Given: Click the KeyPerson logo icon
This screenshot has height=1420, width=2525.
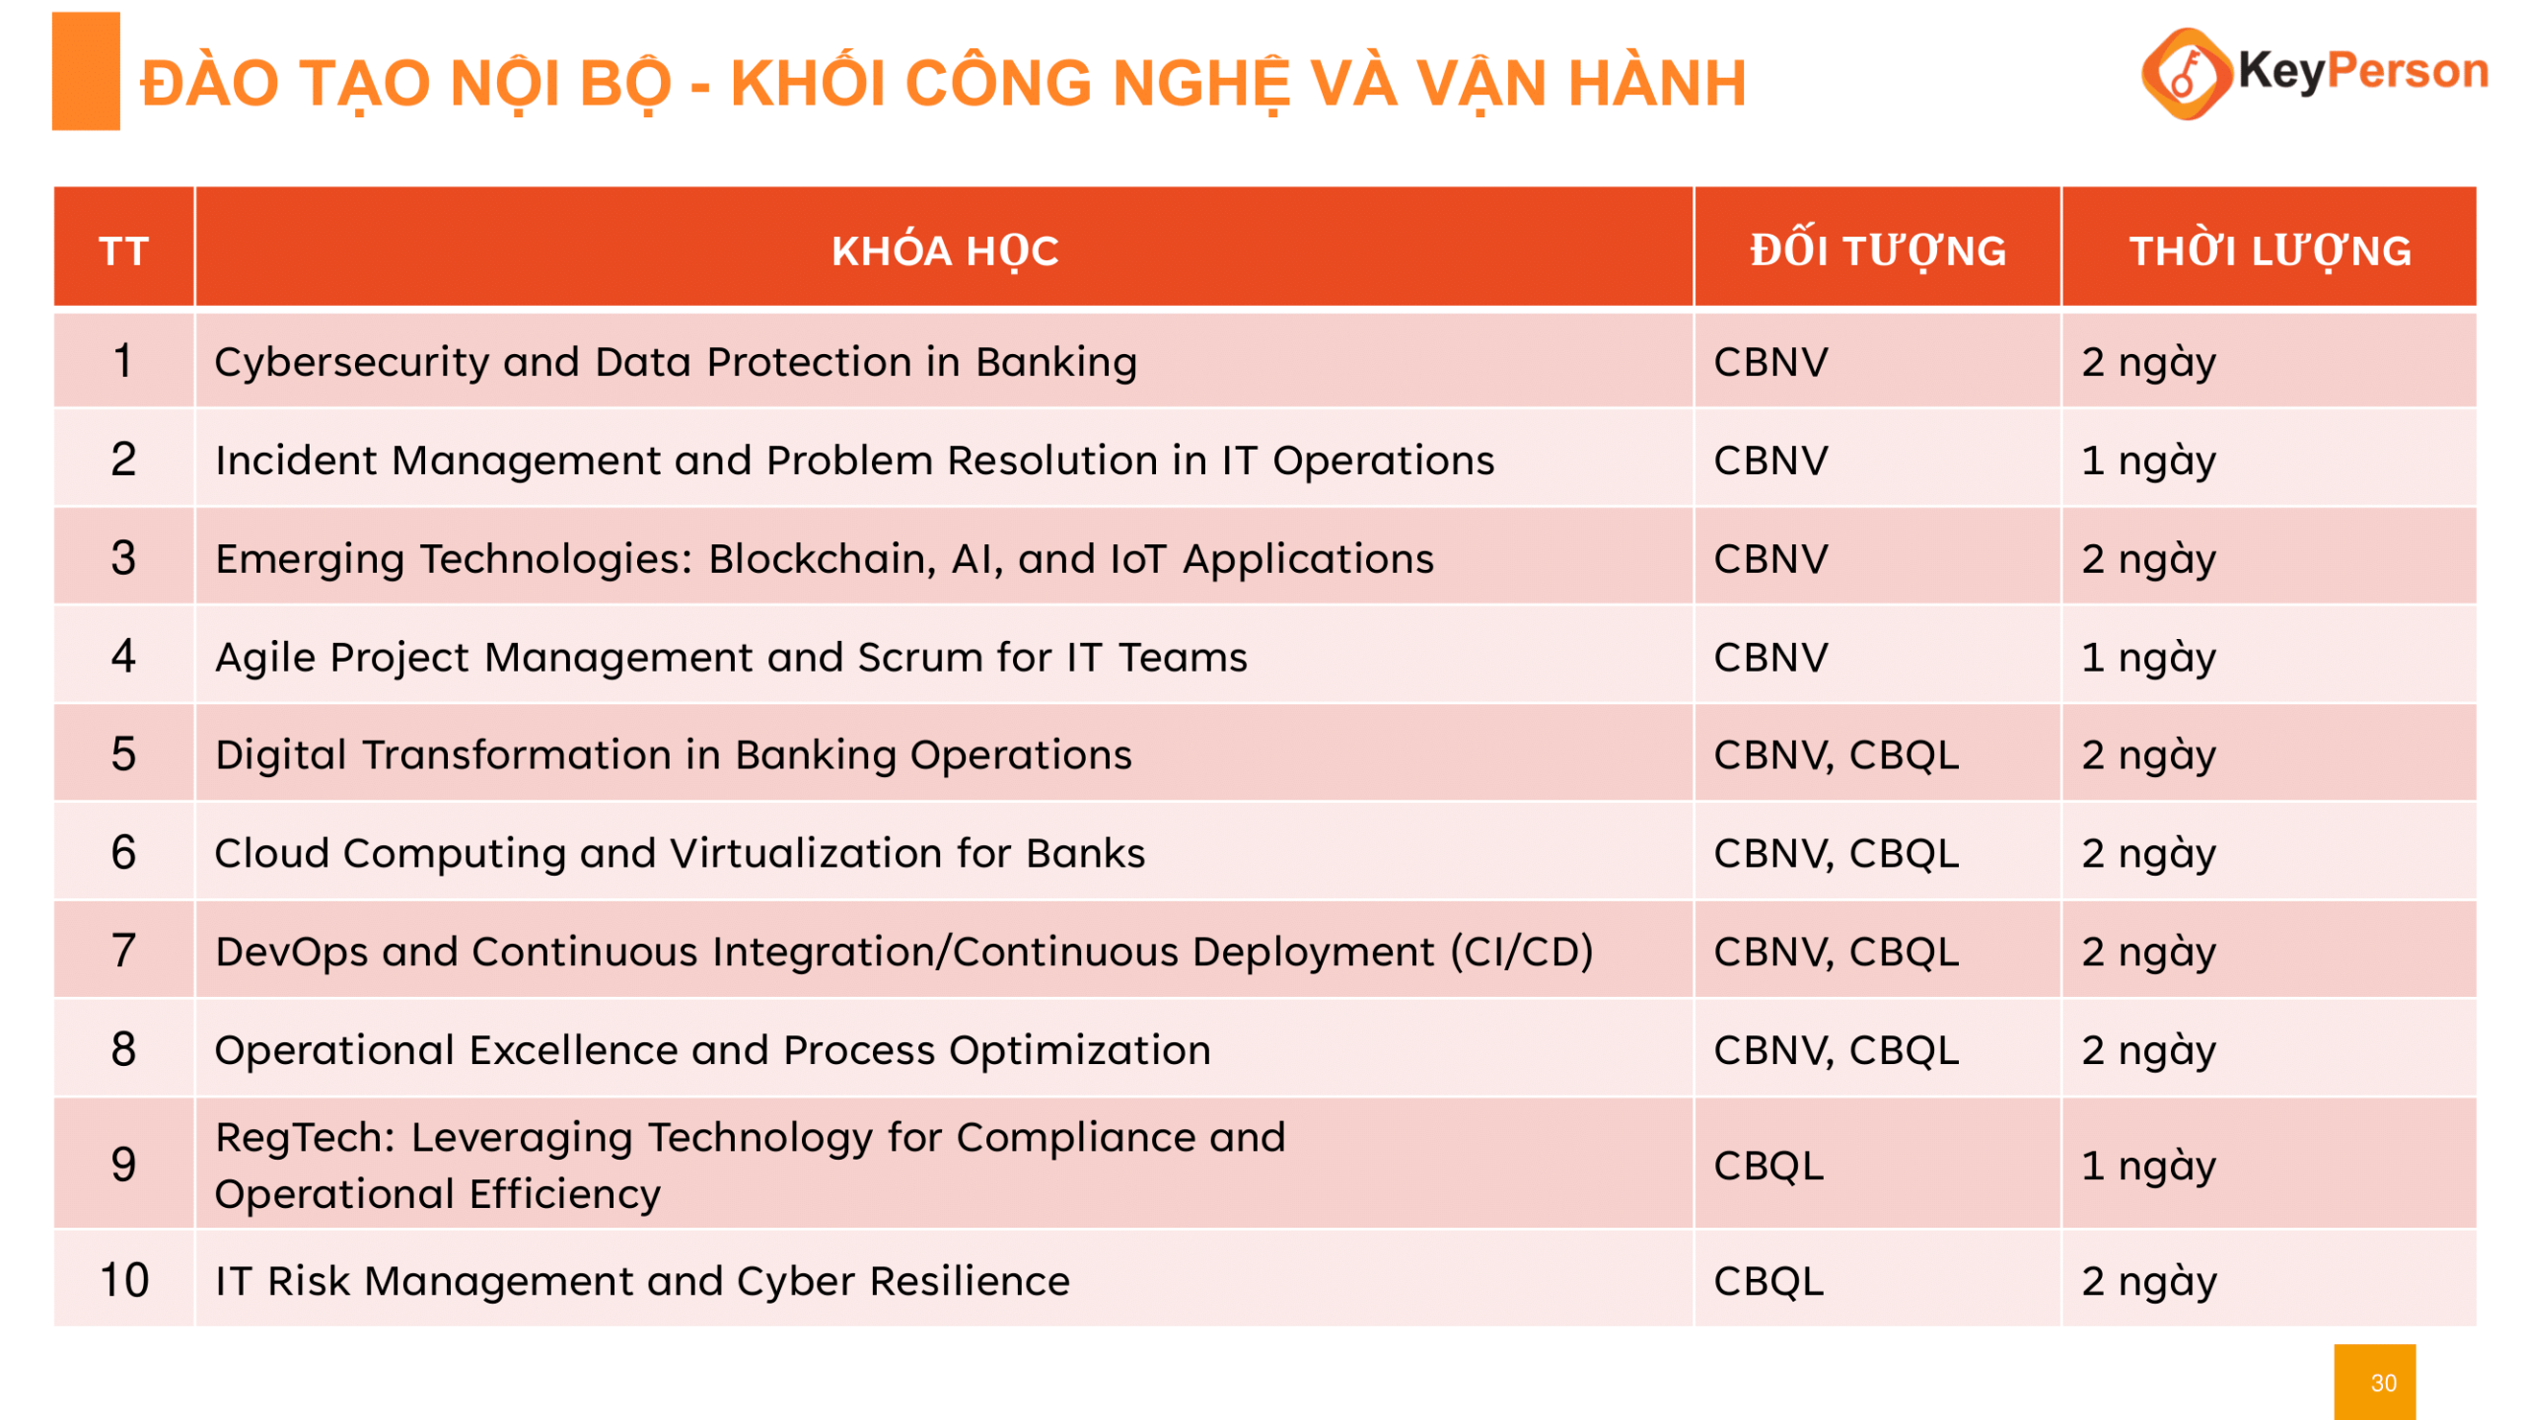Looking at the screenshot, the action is tap(2186, 73).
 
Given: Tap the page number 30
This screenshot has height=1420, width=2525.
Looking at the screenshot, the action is tap(2383, 1383).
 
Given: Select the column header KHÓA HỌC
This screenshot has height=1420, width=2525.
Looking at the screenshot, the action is tap(944, 250).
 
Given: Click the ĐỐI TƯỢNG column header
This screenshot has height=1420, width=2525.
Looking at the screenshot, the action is tap(1877, 249).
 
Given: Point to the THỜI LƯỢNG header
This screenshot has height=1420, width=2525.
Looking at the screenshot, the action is tap(2270, 249).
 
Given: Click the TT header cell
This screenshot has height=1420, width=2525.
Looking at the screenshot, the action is tap(123, 250).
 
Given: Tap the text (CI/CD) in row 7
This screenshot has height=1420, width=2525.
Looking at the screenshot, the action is tap(1521, 952).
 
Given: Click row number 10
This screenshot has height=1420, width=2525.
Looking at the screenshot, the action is tap(124, 1280).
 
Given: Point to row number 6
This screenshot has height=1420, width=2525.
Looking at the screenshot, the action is tap(123, 852).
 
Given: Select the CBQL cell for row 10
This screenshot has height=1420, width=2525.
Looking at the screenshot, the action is tap(1767, 1281).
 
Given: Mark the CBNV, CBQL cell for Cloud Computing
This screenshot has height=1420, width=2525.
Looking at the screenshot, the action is tap(1836, 853).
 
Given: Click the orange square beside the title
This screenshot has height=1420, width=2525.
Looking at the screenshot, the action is tap(86, 71).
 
